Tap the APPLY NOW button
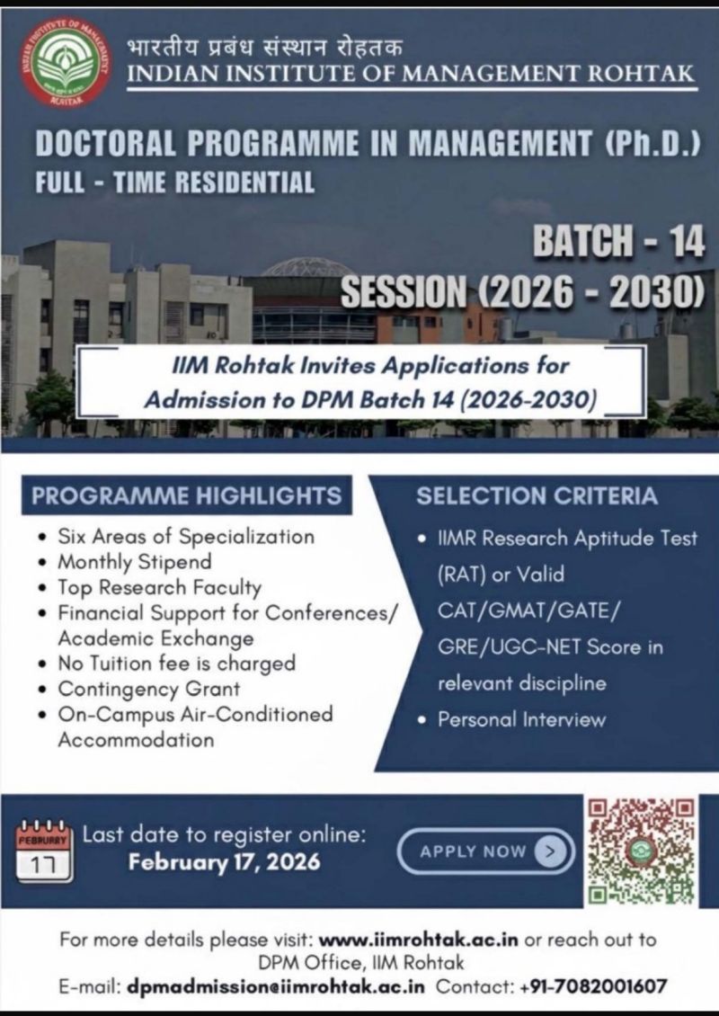485,851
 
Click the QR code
642,850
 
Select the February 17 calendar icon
44,851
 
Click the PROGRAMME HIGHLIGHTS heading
187,495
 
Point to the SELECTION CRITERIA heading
537,495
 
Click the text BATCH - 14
618,242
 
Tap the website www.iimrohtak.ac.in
418,940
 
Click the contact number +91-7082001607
593,986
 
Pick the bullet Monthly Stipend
135,562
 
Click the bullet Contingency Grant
149,690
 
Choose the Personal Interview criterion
521,719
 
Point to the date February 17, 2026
224,861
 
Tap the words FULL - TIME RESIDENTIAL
175,183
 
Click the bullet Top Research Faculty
160,588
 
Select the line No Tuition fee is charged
176,664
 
